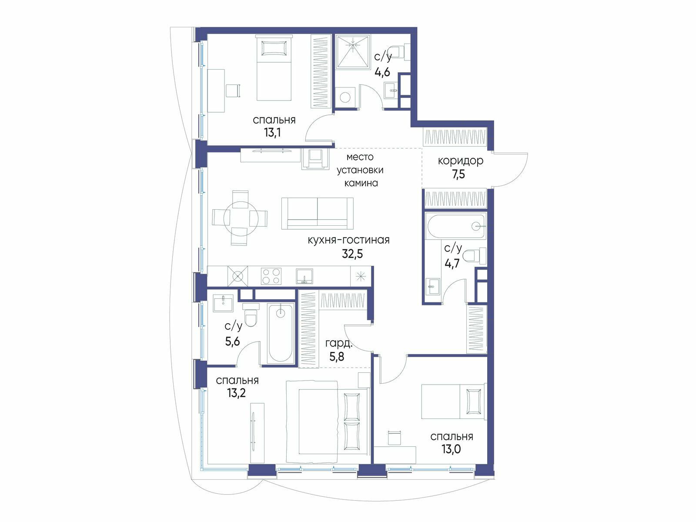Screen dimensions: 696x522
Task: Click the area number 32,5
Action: point(352,254)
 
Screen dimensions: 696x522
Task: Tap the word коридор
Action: point(460,161)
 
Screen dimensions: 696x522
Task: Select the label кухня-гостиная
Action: point(349,240)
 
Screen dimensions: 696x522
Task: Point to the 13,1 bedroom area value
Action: point(272,133)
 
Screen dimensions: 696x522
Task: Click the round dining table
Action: point(241,218)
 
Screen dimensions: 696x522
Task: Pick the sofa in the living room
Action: point(318,213)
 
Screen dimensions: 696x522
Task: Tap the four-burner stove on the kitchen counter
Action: point(271,276)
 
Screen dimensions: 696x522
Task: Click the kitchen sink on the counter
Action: point(304,276)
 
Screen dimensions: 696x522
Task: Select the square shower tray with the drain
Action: point(353,52)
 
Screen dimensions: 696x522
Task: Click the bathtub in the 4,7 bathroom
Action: point(455,226)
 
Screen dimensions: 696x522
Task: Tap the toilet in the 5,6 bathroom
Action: point(251,315)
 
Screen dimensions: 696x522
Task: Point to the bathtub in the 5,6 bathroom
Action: point(280,333)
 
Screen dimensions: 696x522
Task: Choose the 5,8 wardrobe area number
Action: point(336,357)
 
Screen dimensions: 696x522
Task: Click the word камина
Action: point(361,183)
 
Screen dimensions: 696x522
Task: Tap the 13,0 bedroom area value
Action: point(451,449)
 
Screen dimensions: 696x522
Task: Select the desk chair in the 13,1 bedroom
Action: point(233,90)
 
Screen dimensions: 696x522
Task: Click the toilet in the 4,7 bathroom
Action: point(474,256)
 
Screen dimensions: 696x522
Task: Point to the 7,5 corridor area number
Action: point(458,174)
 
